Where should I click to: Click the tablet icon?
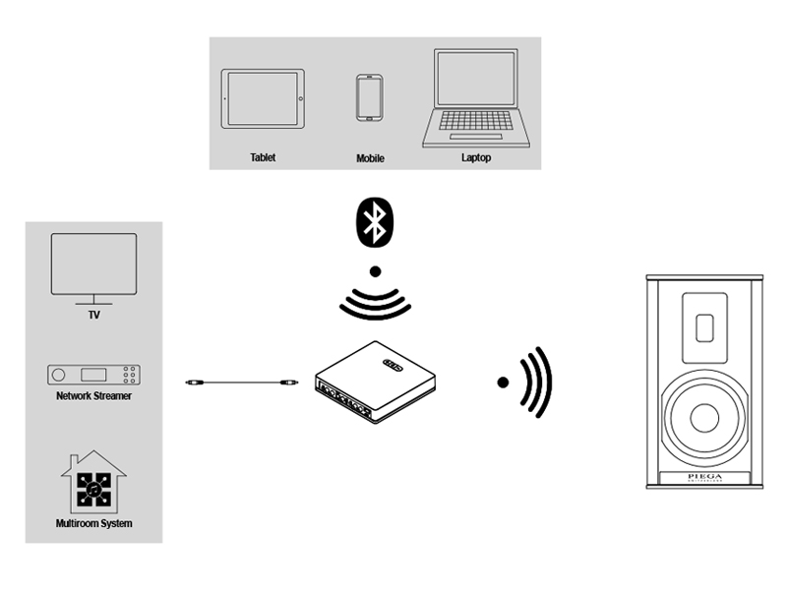(261, 99)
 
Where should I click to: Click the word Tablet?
(262, 157)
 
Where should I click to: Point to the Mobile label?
(370, 158)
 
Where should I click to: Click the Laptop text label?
(475, 157)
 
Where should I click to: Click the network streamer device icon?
(94, 376)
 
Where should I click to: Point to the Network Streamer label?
(94, 396)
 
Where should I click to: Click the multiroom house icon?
(93, 482)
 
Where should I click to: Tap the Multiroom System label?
(93, 523)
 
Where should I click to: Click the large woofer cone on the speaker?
(704, 417)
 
